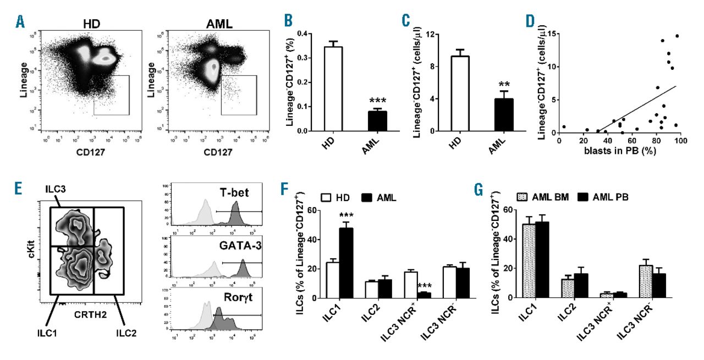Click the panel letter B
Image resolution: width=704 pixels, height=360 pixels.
click(289, 21)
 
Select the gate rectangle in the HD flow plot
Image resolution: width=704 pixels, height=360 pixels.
click(111, 95)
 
